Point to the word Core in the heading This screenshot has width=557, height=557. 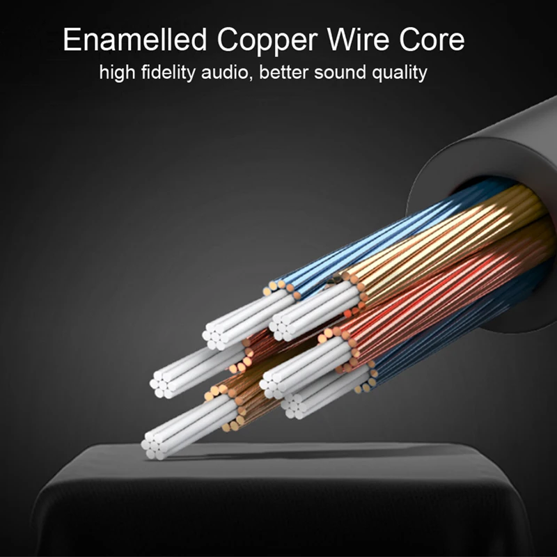pos(432,40)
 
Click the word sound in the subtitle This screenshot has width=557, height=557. pos(339,72)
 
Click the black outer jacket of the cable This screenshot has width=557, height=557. pos(487,139)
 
